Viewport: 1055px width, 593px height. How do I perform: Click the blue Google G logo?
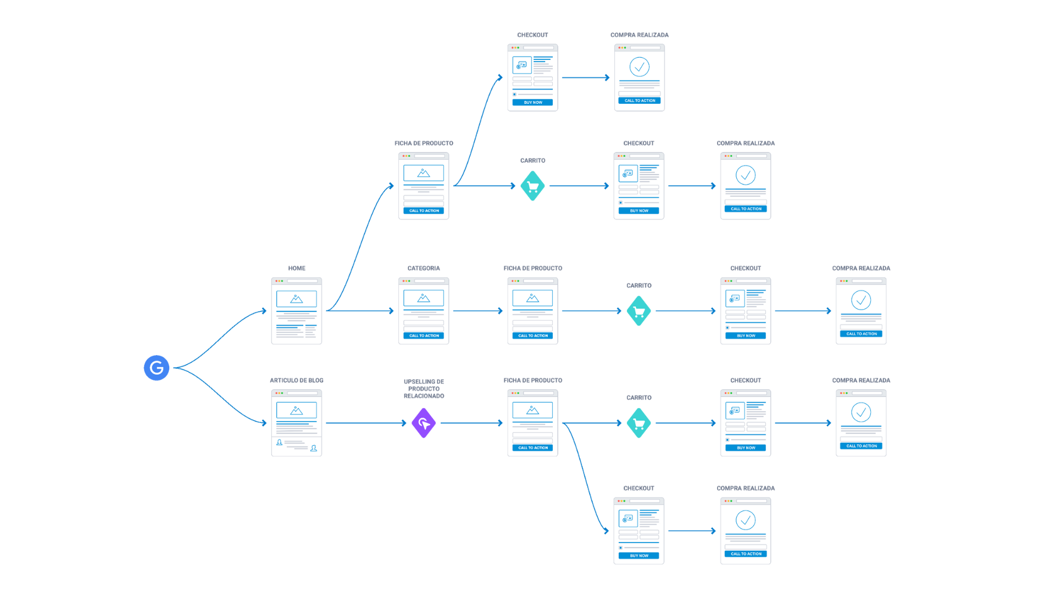pyautogui.click(x=157, y=368)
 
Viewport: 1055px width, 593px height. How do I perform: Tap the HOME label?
pyautogui.click(x=297, y=268)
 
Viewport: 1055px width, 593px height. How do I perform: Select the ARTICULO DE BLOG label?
pyautogui.click(x=297, y=381)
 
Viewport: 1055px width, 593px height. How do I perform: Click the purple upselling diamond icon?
pyautogui.click(x=424, y=423)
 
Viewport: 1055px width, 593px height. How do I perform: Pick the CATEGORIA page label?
pyautogui.click(x=424, y=268)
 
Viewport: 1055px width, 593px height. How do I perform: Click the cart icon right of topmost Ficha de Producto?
pyautogui.click(x=532, y=186)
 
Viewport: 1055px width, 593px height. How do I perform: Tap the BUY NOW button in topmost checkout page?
pyautogui.click(x=532, y=102)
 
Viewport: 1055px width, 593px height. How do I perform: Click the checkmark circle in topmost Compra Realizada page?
pyautogui.click(x=640, y=67)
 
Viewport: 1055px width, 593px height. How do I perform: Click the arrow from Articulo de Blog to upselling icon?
pyautogui.click(x=365, y=423)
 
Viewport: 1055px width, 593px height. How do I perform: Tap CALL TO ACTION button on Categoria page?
pyautogui.click(x=424, y=335)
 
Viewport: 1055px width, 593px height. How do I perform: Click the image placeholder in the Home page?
pyautogui.click(x=297, y=299)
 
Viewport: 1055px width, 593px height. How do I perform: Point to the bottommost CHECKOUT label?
pyautogui.click(x=638, y=488)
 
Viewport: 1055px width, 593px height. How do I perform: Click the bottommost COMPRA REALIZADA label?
pyautogui.click(x=746, y=488)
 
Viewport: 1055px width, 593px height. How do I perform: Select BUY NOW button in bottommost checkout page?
pyautogui.click(x=638, y=556)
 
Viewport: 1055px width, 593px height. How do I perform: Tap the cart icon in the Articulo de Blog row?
pyautogui.click(x=639, y=423)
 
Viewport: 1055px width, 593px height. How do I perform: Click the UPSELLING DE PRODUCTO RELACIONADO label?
pyautogui.click(x=424, y=389)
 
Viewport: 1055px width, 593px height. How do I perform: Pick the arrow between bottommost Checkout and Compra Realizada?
pyautogui.click(x=691, y=531)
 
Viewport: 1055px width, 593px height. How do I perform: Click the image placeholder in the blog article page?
pyautogui.click(x=297, y=411)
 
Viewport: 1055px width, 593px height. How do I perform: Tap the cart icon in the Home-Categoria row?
pyautogui.click(x=639, y=311)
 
